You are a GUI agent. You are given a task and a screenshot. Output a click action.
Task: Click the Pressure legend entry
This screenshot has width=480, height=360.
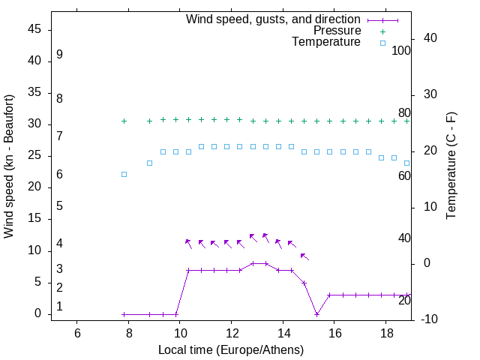(337, 31)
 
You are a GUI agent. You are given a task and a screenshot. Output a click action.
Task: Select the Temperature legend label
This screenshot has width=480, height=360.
(326, 42)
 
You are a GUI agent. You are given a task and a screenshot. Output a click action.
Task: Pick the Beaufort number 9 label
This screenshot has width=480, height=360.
(59, 55)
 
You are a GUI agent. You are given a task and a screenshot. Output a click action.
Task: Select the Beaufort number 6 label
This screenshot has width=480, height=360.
(59, 174)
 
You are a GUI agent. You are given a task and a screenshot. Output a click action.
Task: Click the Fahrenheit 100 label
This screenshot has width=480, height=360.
(401, 51)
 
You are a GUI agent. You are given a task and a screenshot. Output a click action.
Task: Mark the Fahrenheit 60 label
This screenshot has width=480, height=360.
(404, 175)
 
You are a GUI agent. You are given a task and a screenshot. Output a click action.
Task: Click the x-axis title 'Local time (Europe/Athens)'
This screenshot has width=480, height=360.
(231, 349)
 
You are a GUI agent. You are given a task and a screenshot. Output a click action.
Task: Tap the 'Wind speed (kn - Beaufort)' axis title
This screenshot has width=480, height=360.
(10, 166)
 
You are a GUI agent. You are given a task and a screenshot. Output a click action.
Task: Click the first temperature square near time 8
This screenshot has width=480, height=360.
(124, 174)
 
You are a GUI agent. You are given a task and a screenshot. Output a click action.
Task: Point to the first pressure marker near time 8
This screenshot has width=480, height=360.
(124, 121)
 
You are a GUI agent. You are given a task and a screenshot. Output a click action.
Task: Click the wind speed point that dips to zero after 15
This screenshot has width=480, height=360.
(317, 314)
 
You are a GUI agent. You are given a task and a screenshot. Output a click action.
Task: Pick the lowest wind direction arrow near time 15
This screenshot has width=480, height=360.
(304, 256)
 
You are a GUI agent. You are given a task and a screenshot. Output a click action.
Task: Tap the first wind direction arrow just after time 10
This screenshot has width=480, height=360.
(188, 242)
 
